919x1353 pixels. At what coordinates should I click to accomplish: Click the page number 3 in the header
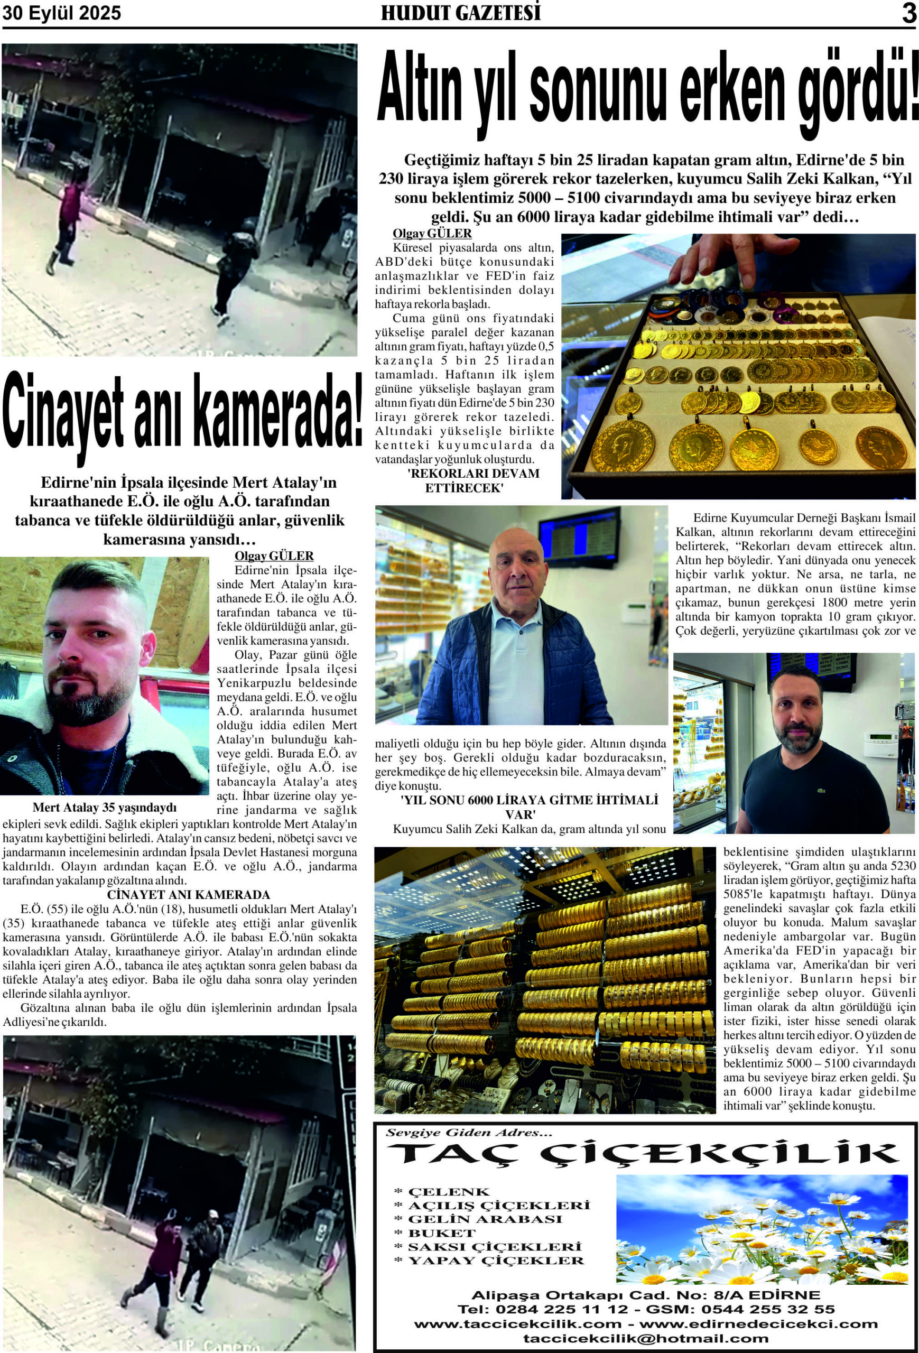pos(908,13)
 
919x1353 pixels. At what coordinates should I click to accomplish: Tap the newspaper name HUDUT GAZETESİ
pos(460,13)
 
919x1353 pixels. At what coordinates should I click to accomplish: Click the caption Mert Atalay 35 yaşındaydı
pos(104,808)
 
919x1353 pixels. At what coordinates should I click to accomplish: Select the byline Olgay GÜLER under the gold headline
pos(432,234)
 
